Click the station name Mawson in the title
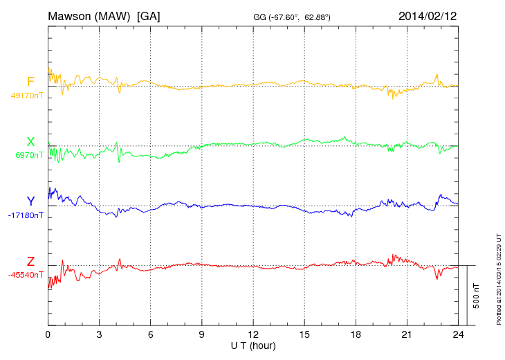(x=70, y=15)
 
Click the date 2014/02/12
(x=427, y=15)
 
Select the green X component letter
(x=30, y=142)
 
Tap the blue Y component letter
(x=30, y=201)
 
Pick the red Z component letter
(x=30, y=261)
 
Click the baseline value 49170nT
(x=27, y=96)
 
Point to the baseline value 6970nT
(x=29, y=155)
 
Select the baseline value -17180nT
(x=27, y=215)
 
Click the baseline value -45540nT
(x=26, y=274)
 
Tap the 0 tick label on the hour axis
(x=48, y=334)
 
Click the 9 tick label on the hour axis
(x=202, y=334)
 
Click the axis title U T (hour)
(x=252, y=345)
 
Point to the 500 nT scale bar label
(x=477, y=296)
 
